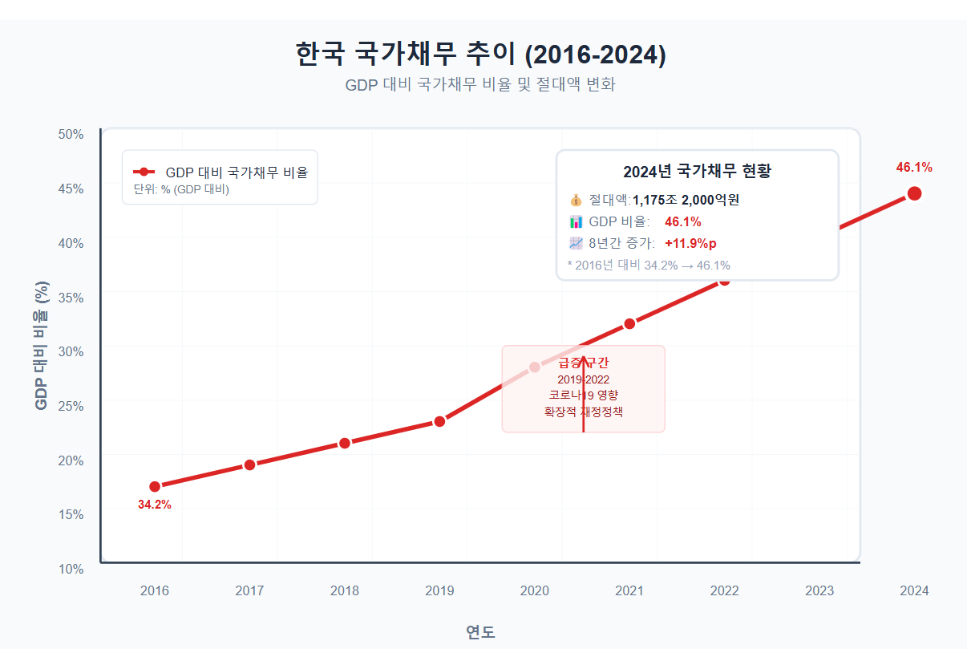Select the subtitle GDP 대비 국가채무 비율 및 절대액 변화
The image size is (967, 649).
480,85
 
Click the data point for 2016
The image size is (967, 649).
155,486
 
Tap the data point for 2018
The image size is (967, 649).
345,443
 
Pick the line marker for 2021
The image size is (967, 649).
629,323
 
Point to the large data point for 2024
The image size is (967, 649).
914,193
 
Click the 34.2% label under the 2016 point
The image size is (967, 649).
155,505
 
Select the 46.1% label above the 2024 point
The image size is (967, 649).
914,168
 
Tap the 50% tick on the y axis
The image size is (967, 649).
71,134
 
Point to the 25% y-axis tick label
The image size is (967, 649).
71,406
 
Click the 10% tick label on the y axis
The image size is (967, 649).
71,569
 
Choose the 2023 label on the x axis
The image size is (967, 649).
819,591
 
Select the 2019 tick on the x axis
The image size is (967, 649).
439,591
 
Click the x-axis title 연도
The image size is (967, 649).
480,631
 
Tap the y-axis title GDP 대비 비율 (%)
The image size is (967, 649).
42,346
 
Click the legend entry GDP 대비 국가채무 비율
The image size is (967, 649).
237,172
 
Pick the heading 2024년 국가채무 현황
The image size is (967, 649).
697,172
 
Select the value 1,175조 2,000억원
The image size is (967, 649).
686,200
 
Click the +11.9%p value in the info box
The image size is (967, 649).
690,243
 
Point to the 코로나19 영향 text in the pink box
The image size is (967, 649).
583,395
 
